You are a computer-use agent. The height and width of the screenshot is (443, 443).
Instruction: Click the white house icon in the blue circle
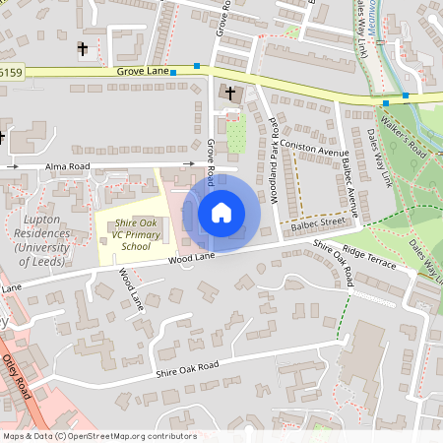[x=221, y=213]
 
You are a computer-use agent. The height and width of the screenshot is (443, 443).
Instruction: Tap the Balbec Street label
[x=317, y=223]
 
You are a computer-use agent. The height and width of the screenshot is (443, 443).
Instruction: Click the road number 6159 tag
[x=10, y=72]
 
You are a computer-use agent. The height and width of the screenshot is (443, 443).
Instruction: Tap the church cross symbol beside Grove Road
[x=230, y=94]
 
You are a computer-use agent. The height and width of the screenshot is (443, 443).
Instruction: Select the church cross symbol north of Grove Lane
[x=83, y=47]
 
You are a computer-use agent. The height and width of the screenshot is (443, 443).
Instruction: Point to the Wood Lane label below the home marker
[x=191, y=258]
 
